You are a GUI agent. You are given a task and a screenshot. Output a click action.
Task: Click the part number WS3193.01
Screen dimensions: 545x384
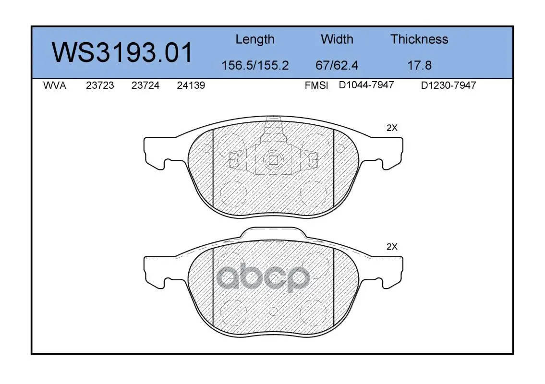click(122, 52)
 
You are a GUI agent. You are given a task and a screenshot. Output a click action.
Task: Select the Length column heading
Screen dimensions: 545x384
click(255, 40)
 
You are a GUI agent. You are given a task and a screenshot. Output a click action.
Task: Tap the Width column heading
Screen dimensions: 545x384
click(337, 39)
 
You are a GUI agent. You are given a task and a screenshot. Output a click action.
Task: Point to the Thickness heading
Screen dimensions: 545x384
click(419, 39)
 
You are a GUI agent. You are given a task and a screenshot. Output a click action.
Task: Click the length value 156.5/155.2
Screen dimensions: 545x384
click(255, 65)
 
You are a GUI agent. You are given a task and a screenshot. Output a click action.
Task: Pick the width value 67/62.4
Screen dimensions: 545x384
click(337, 65)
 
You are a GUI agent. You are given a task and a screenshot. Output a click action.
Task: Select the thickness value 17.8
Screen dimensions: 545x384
click(419, 65)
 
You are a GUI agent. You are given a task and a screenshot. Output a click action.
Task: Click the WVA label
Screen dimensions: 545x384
click(55, 85)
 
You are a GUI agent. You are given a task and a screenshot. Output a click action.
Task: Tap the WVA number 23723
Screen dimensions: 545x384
click(100, 85)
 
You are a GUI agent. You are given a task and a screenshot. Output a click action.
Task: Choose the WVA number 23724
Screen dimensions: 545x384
click(145, 85)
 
